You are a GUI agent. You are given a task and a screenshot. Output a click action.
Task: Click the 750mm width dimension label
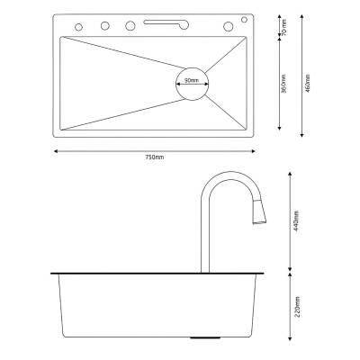coord(154,157)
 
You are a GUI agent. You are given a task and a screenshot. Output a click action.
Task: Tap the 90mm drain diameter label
coord(192,80)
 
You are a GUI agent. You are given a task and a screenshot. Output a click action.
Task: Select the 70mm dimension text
coord(284,28)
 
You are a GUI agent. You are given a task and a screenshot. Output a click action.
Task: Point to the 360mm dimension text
coord(283,84)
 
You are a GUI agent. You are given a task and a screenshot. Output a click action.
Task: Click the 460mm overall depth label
coord(307,83)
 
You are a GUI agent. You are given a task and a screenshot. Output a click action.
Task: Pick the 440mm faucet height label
coord(296,219)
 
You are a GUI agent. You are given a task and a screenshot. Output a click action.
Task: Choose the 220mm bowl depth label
coord(297,307)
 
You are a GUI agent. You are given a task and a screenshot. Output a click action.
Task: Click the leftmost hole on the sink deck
coord(78,27)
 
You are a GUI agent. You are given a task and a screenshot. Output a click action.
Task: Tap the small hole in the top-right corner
coord(244,20)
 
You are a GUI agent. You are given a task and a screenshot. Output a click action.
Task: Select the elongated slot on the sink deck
coord(166,23)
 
